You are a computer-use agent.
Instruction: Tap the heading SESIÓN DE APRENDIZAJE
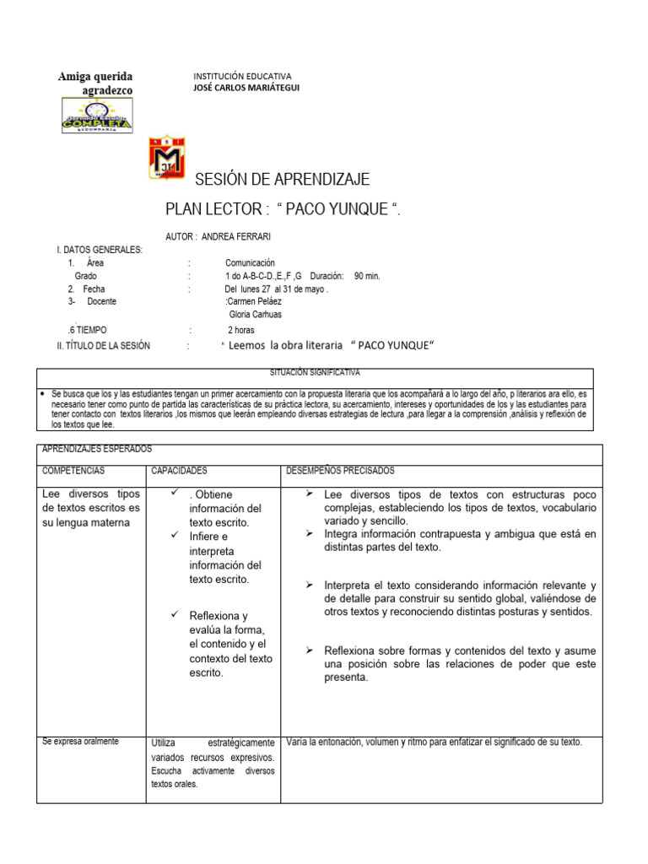coord(282,180)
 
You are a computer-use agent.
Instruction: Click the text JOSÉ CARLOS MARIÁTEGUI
coord(246,87)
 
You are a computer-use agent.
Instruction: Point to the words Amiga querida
coord(95,77)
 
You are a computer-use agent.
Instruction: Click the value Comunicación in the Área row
coord(250,263)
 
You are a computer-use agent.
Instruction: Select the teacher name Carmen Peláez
coord(254,301)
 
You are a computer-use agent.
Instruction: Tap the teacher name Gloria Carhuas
coord(256,314)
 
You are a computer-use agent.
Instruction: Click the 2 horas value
coord(241,330)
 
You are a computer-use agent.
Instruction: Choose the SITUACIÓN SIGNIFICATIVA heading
coord(315,371)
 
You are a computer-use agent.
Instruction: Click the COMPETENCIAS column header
coord(73,470)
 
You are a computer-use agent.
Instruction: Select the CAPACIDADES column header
coord(179,470)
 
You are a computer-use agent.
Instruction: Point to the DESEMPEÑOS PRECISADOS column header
coord(340,470)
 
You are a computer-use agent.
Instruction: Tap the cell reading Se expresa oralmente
coord(80,742)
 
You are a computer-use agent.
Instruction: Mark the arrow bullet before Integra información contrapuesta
coord(309,534)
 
